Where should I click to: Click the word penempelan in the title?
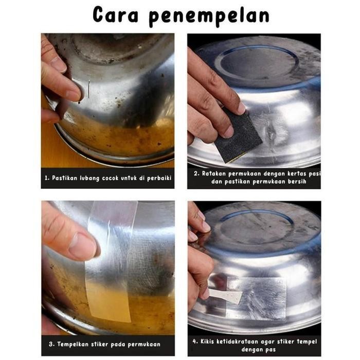[x=209, y=16]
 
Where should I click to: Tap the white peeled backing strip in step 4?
[x=226, y=296]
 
